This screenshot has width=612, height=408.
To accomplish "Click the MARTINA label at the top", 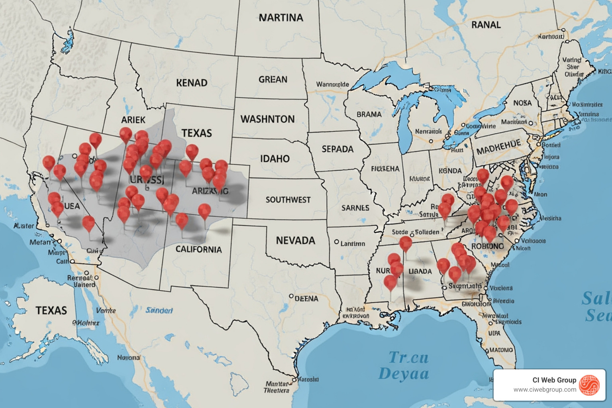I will (281, 18).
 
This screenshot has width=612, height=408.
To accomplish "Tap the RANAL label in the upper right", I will (486, 25).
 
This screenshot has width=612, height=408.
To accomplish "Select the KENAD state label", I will (192, 83).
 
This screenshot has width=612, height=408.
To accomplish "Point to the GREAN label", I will (273, 80).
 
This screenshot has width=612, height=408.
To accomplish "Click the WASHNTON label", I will (267, 119).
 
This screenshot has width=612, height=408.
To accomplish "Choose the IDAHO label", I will (275, 159).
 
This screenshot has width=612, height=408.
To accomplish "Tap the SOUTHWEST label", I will (288, 200).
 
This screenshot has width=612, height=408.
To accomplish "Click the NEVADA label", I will (295, 241).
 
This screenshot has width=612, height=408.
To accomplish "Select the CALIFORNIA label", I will (198, 249).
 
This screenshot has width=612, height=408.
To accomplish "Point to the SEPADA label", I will (337, 149).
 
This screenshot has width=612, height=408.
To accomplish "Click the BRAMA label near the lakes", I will (369, 115).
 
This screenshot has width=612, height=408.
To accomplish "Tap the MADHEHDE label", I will (498, 148).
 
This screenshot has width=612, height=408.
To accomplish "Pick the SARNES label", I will (355, 208).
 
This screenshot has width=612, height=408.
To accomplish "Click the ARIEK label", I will (133, 120).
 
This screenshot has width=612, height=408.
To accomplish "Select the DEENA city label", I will (306, 299).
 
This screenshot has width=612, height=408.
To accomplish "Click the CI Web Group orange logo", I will (589, 385).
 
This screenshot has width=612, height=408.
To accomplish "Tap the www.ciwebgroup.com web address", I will (545, 390).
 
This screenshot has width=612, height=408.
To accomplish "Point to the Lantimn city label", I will (352, 243).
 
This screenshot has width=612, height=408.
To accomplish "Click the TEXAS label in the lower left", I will (51, 311).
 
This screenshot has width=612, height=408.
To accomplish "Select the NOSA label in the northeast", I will (522, 103).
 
